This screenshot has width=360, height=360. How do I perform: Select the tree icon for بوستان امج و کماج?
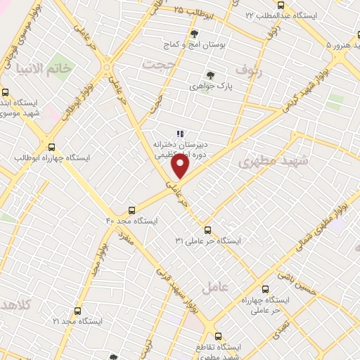tap(195, 34)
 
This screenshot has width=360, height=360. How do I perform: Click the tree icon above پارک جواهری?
tap(210, 75)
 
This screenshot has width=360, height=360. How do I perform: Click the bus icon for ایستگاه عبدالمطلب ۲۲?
tap(281, 6)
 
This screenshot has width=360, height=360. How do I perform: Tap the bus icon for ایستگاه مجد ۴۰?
tap(131, 210)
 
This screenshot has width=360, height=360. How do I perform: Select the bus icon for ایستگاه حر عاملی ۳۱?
tap(207, 230)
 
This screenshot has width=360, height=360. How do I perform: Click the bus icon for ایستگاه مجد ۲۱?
tap(77, 310)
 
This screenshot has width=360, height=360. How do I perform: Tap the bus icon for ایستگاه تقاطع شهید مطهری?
tap(218, 336)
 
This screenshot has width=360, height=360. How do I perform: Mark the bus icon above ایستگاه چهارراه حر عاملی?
tap(265, 289)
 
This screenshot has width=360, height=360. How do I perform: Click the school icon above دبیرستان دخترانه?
tap(179, 133)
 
